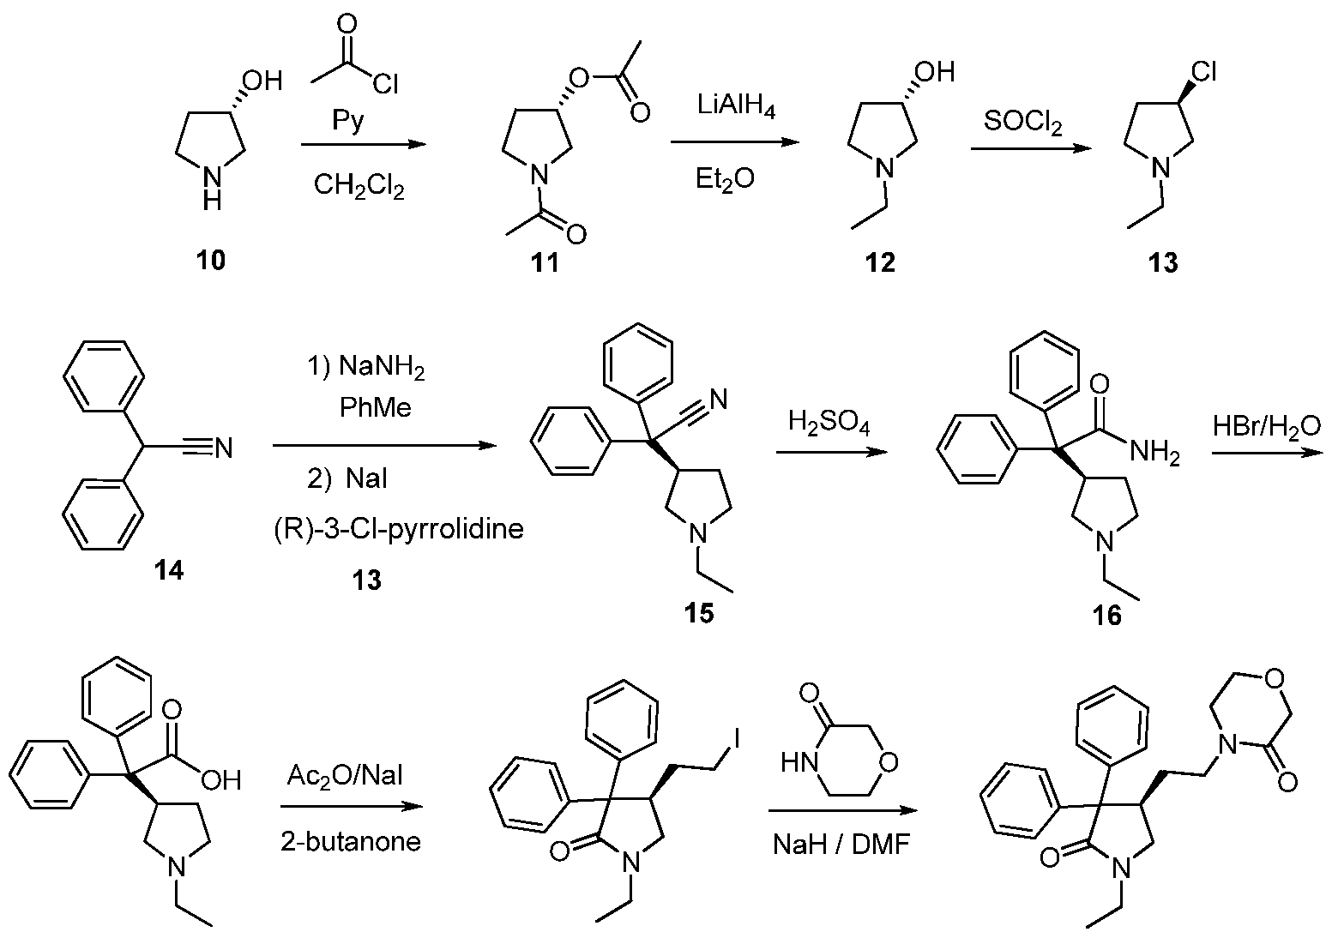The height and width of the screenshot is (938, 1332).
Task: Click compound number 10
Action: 212,260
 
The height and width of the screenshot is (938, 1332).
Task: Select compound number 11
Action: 545,262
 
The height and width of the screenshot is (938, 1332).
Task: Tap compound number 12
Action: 880,262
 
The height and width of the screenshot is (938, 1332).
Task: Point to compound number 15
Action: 699,613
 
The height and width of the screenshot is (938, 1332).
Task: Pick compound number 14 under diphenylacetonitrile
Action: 169,570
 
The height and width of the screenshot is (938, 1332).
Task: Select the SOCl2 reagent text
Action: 1023,125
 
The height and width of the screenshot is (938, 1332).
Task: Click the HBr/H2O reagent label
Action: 1267,425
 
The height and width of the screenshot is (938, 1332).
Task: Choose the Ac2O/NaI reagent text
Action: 349,778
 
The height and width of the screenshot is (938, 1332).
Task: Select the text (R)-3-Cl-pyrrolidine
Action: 394,529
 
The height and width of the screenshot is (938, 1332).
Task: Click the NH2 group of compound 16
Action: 1154,456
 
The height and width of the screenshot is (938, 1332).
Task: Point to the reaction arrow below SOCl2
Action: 1032,148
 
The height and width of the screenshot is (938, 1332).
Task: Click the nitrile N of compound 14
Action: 224,448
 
